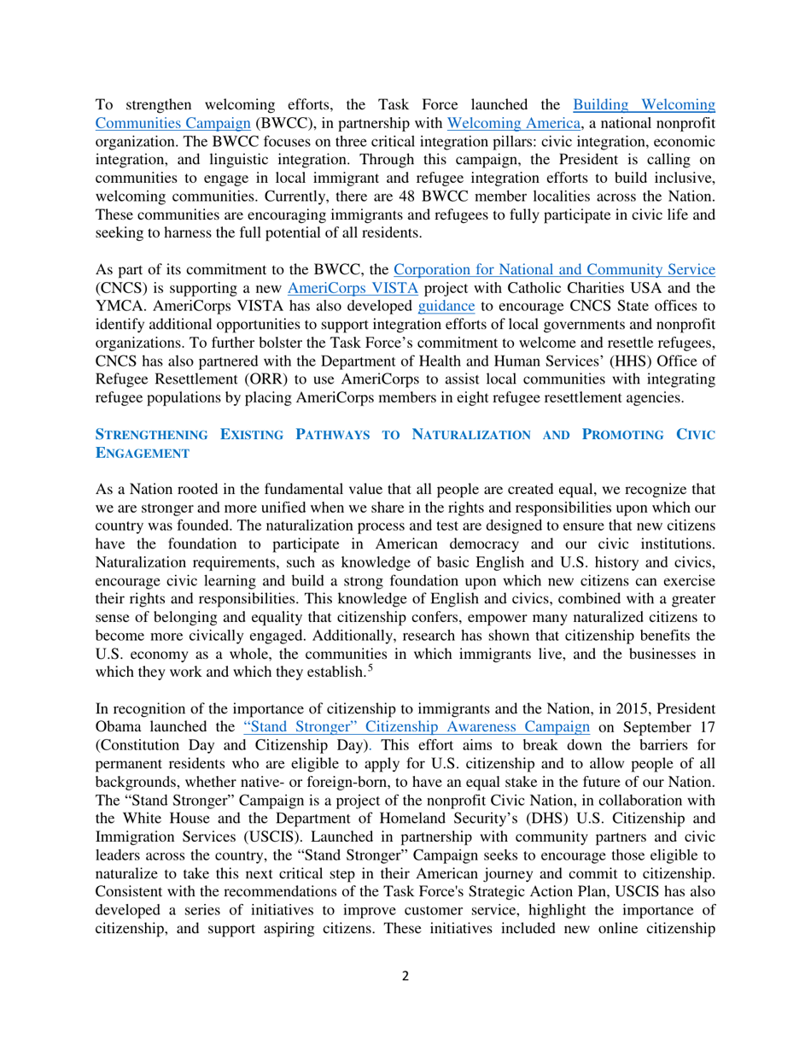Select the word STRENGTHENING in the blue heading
[x=152, y=435]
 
